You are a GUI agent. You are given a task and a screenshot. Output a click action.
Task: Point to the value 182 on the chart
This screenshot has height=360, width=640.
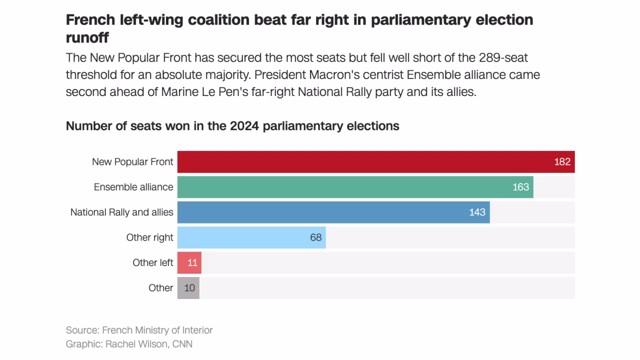(x=562, y=162)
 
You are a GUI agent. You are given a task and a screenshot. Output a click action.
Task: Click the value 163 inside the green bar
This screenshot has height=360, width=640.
(x=520, y=187)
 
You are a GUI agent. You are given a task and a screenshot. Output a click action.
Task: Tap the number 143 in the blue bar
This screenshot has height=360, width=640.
(x=477, y=212)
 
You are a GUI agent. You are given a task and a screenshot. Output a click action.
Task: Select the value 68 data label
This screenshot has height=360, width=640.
(x=315, y=237)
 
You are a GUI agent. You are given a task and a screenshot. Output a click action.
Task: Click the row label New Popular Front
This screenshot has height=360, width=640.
(x=132, y=162)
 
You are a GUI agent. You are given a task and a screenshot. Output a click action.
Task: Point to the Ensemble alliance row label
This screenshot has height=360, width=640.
(x=133, y=187)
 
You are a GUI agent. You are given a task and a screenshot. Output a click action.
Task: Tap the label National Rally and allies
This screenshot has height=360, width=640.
(x=121, y=212)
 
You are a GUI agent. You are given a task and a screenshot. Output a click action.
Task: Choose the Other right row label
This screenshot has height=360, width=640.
(x=149, y=237)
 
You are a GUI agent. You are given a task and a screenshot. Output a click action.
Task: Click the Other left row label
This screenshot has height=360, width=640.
(x=152, y=262)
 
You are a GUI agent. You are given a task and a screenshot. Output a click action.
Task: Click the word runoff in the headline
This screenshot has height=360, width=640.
(x=87, y=37)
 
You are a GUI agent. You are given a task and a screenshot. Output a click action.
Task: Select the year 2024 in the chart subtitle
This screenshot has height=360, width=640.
(x=244, y=125)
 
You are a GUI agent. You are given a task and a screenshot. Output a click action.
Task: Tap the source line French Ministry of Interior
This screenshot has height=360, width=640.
(x=157, y=330)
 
